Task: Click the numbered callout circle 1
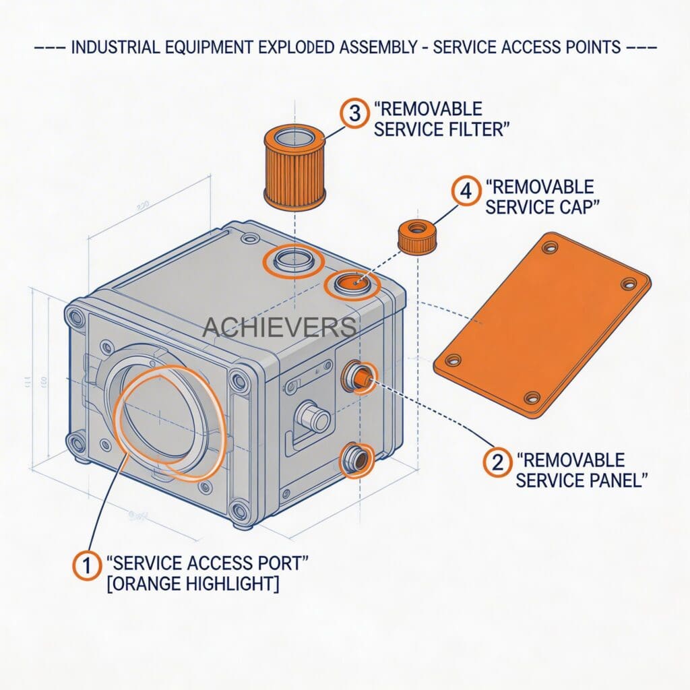click(x=86, y=565)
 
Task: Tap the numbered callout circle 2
click(x=497, y=462)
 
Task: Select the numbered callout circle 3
click(x=354, y=113)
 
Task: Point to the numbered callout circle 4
click(x=465, y=191)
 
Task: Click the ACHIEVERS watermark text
click(x=280, y=327)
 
